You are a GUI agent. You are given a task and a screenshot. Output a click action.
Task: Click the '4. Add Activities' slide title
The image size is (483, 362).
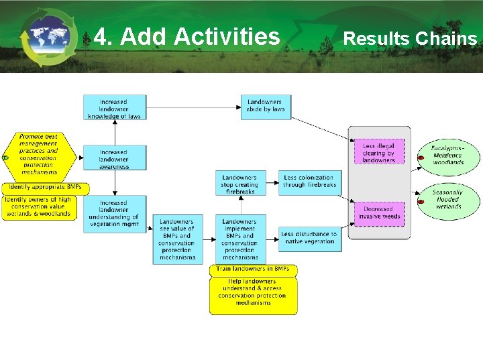tap(187, 36)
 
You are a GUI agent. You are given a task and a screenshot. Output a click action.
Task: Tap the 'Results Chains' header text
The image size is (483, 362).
tap(409, 38)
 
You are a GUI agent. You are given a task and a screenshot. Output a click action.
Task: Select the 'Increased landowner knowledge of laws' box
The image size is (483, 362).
tap(114, 109)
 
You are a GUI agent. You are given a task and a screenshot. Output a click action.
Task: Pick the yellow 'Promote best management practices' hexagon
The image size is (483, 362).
tap(39, 154)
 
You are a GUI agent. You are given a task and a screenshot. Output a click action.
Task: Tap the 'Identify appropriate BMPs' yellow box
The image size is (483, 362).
tap(41, 187)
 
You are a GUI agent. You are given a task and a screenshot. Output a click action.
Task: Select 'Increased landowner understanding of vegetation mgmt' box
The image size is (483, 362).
tap(114, 214)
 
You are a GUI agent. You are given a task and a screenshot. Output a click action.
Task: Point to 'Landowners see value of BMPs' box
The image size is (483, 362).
tap(177, 239)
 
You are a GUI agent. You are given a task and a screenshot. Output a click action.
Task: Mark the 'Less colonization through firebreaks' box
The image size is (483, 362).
tap(309, 182)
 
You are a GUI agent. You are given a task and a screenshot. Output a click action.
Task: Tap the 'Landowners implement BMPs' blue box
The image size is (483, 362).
tap(239, 239)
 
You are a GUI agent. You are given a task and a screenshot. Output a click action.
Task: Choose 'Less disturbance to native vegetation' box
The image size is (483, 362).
tap(309, 239)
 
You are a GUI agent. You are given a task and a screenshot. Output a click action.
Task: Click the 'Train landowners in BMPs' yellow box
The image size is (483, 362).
tap(253, 269)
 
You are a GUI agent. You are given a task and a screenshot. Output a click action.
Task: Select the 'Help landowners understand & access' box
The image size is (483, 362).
tap(253, 296)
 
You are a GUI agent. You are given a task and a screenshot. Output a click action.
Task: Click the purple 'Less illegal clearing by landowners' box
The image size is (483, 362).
tap(379, 153)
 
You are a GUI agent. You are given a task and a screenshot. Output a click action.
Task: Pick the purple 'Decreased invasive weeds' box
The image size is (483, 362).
tap(379, 212)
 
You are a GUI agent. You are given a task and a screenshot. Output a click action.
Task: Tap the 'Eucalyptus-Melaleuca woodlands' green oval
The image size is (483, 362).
tap(447, 155)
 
